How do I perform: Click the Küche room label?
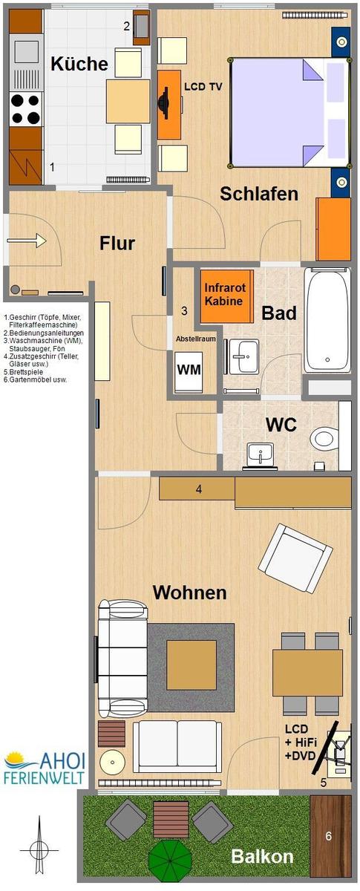point(79,64)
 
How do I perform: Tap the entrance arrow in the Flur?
point(27,241)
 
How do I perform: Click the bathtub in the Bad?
point(327,320)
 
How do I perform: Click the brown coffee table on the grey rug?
point(192,665)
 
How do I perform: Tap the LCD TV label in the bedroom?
point(203,87)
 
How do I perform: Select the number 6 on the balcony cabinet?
point(329,836)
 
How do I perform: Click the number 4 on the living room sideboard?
point(199,489)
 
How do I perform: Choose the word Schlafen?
point(259,194)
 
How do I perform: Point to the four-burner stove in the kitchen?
point(26,108)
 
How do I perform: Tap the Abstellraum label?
point(196,339)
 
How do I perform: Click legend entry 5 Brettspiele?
point(23,372)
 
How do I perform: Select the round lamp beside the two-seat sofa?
point(112,762)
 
